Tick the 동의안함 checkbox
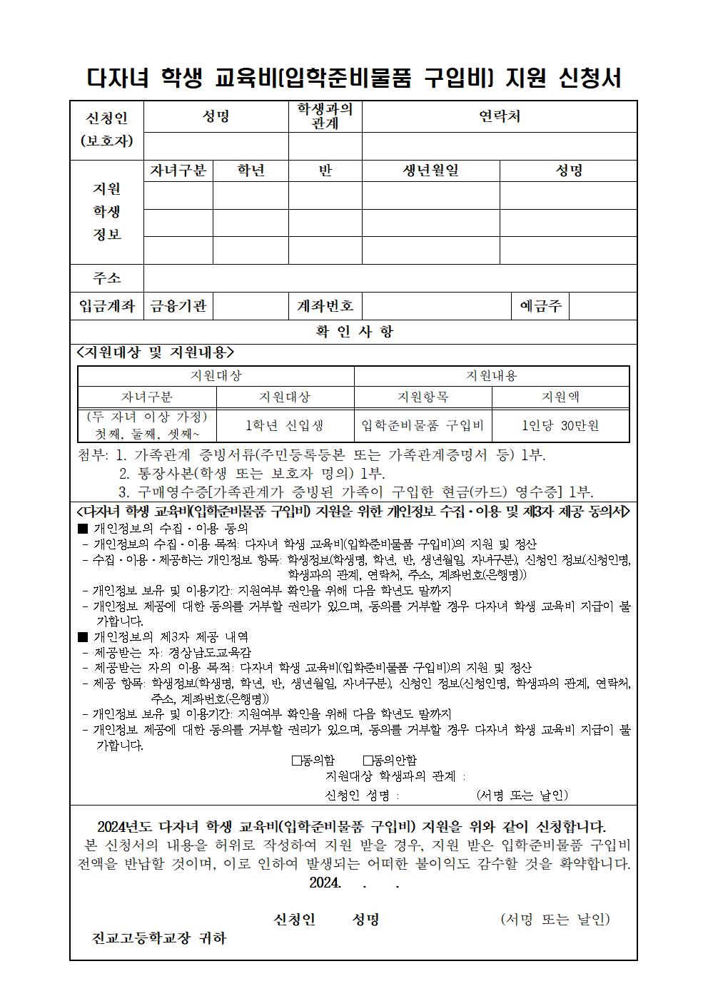coord(368,761)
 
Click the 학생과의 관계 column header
coord(325,116)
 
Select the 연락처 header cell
coord(499,116)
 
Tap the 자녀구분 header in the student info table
coord(178,171)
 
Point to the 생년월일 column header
coord(430,171)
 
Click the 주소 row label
coord(106,278)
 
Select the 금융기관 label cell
coord(178,306)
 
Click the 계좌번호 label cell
coord(325,306)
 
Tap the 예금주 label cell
coord(540,306)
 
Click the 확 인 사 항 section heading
coord(354,332)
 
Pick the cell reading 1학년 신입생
coord(285,426)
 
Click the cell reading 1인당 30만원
coord(560,426)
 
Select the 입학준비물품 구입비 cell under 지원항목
coord(423,426)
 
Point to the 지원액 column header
coord(560,397)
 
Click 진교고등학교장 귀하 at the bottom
coord(158,938)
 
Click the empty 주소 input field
coord(390,278)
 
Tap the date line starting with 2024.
coord(354,883)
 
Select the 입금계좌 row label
coord(106,306)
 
